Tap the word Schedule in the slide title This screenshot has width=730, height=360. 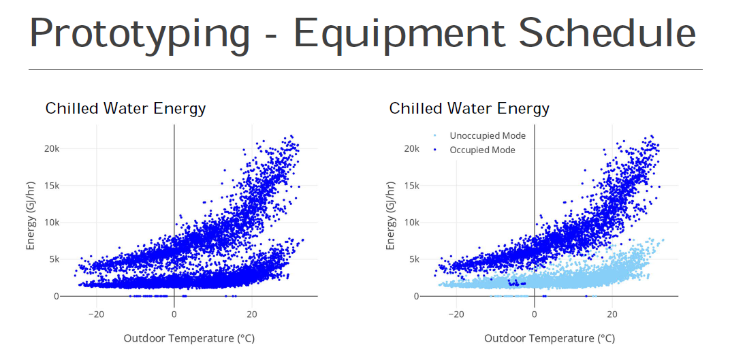[x=599, y=33]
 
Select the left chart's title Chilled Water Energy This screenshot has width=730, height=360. [x=125, y=108]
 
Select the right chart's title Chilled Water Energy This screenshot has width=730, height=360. [x=469, y=108]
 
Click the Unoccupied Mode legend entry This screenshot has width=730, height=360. [x=487, y=136]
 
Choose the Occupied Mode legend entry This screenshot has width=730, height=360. [x=482, y=150]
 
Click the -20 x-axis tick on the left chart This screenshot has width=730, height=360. [x=96, y=314]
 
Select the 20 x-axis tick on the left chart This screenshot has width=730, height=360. [x=252, y=314]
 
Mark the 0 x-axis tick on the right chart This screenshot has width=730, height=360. [x=535, y=314]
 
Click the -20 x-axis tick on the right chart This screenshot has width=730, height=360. [x=456, y=314]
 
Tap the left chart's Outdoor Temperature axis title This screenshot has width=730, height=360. [x=189, y=338]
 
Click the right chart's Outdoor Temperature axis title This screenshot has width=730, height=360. [x=549, y=338]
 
